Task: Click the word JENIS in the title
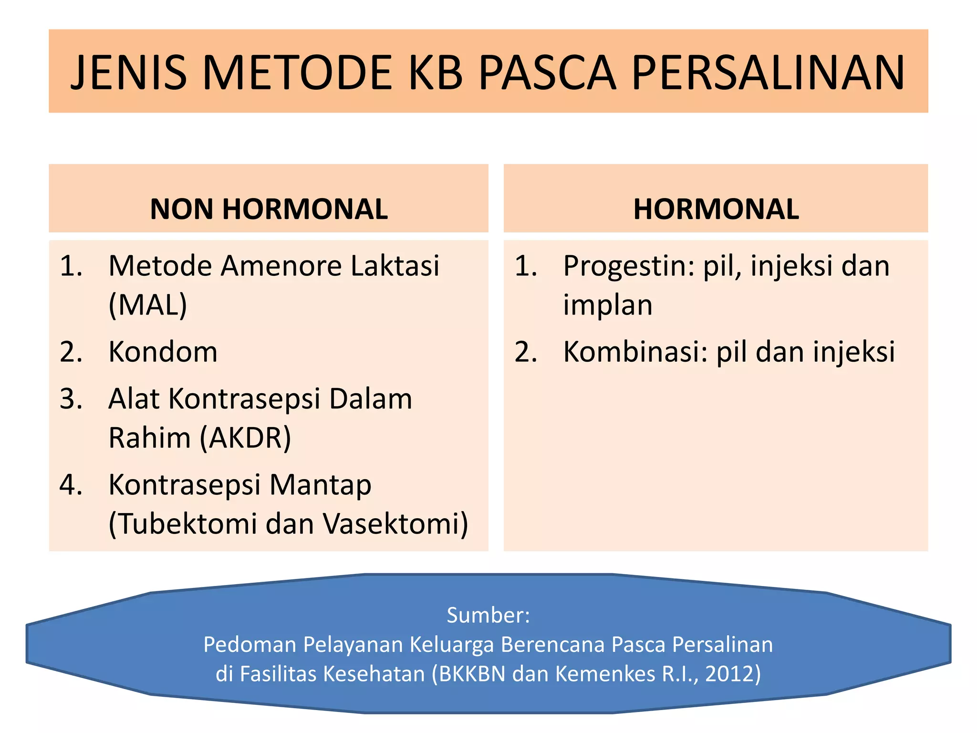[129, 73]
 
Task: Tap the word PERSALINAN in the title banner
[768, 73]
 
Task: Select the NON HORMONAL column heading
[269, 209]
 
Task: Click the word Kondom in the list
[163, 352]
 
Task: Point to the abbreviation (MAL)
[148, 305]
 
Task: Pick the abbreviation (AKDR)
[245, 438]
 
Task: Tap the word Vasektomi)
[395, 524]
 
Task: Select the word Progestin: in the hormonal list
[629, 266]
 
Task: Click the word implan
[607, 305]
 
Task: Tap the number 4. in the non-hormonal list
[71, 485]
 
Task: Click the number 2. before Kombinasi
[526, 352]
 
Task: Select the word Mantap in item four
[320, 486]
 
